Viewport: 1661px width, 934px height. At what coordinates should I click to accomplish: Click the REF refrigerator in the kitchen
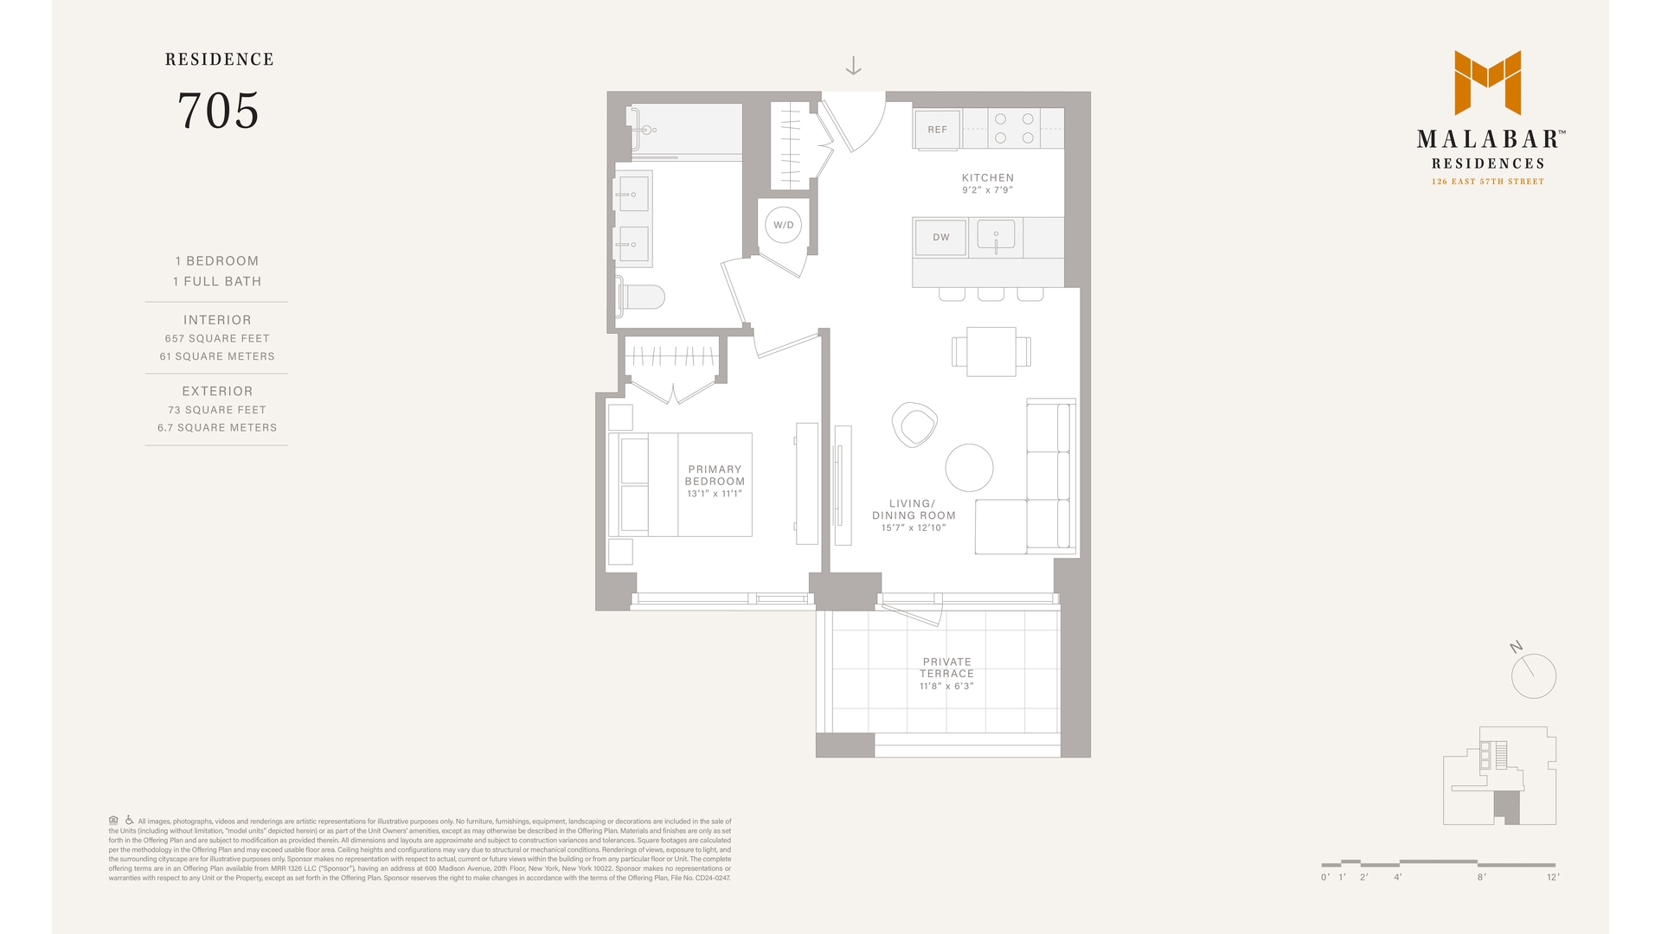pyautogui.click(x=937, y=130)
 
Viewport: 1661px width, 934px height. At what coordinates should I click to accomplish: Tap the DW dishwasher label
pyautogui.click(x=941, y=237)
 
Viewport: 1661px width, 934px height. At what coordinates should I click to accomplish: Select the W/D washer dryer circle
pyautogui.click(x=783, y=225)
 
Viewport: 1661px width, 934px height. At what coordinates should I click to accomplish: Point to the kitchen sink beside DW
pyautogui.click(x=997, y=235)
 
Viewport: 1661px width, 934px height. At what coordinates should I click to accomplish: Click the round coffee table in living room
pyautogui.click(x=969, y=468)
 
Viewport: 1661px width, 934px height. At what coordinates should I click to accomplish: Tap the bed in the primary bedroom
pyautogui.click(x=680, y=484)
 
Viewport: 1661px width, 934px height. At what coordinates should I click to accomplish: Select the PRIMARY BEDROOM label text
pyautogui.click(x=715, y=476)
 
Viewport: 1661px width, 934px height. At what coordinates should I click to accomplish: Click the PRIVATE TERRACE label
pyautogui.click(x=946, y=668)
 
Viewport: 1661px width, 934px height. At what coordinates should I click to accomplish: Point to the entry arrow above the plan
pyautogui.click(x=853, y=66)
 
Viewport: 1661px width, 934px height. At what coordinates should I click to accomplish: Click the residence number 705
pyautogui.click(x=218, y=111)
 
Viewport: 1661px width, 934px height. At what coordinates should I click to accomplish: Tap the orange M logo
pyautogui.click(x=1487, y=82)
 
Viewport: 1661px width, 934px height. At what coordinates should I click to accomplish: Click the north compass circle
pyautogui.click(x=1533, y=676)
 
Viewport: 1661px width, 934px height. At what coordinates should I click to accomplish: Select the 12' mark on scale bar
pyautogui.click(x=1553, y=877)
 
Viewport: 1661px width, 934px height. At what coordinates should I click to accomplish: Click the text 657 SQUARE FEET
pyautogui.click(x=217, y=339)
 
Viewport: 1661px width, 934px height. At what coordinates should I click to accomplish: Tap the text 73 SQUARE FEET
pyautogui.click(x=217, y=410)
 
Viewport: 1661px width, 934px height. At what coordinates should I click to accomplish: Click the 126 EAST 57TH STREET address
pyautogui.click(x=1487, y=182)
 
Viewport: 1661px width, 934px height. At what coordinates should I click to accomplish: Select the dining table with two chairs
pyautogui.click(x=991, y=351)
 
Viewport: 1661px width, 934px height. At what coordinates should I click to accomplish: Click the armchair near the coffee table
pyautogui.click(x=914, y=425)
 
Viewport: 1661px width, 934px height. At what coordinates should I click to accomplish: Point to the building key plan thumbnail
pyautogui.click(x=1499, y=776)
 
